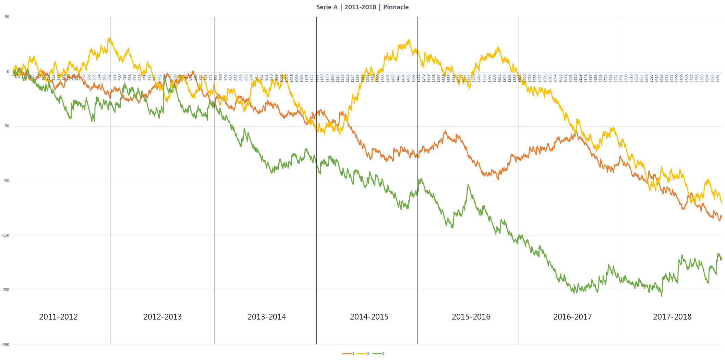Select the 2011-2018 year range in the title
click(x=360, y=7)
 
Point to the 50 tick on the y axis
click(x=7, y=17)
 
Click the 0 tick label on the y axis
click(x=8, y=72)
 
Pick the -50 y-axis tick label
click(x=7, y=126)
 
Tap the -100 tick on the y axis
click(x=6, y=181)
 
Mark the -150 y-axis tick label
click(x=6, y=236)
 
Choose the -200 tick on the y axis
click(x=6, y=290)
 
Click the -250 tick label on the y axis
click(x=6, y=345)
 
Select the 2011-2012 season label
click(x=58, y=317)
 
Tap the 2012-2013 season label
click(x=162, y=317)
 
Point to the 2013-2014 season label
click(x=267, y=317)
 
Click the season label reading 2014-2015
click(x=369, y=317)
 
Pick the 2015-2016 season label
click(x=471, y=317)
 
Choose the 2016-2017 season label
click(x=572, y=317)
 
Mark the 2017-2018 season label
click(x=672, y=317)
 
